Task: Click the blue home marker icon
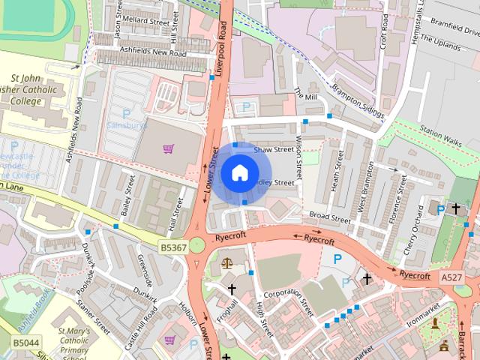click(x=238, y=172)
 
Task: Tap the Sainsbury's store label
click(x=125, y=125)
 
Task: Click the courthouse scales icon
click(x=227, y=264)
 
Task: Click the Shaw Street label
click(x=272, y=150)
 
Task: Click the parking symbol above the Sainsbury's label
click(x=126, y=114)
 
